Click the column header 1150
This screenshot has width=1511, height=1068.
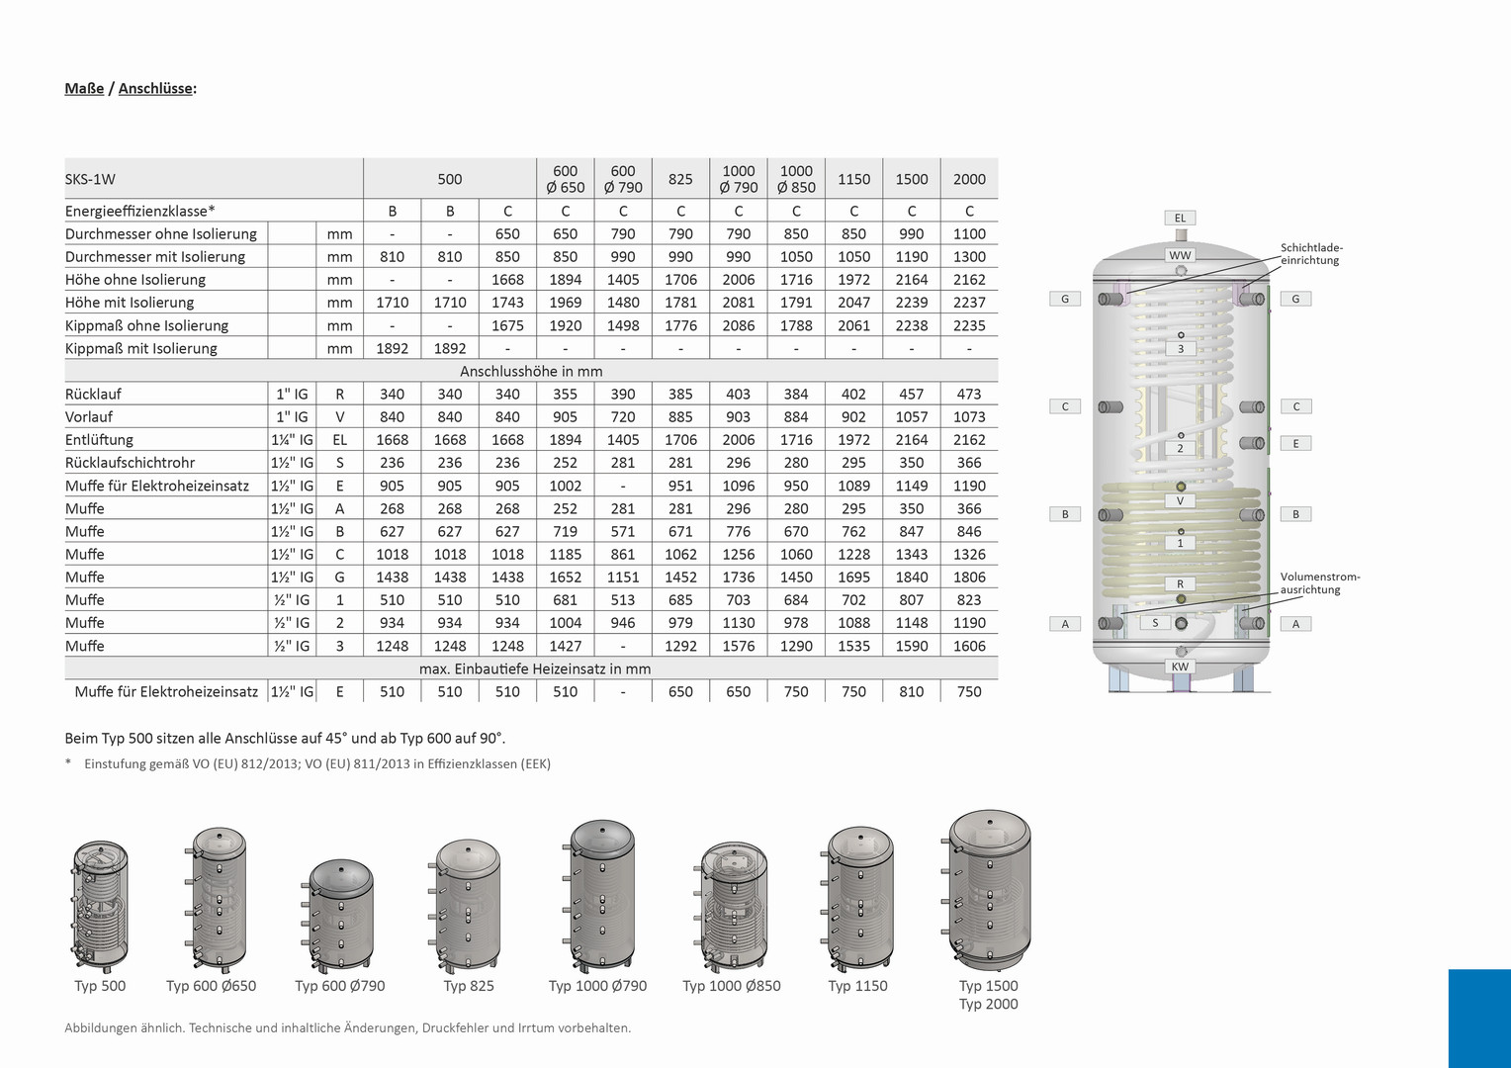853,179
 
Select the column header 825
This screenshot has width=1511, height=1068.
680,179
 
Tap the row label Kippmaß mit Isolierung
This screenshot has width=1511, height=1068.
141,349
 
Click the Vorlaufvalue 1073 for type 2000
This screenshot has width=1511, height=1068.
969,417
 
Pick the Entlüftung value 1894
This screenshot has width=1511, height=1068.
566,440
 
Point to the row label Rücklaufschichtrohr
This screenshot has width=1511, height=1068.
131,463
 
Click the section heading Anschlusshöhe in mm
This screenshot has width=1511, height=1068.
531,371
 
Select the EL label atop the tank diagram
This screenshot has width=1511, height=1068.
1180,218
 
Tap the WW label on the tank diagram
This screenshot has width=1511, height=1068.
1180,255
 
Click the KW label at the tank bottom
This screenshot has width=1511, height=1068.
1180,667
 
